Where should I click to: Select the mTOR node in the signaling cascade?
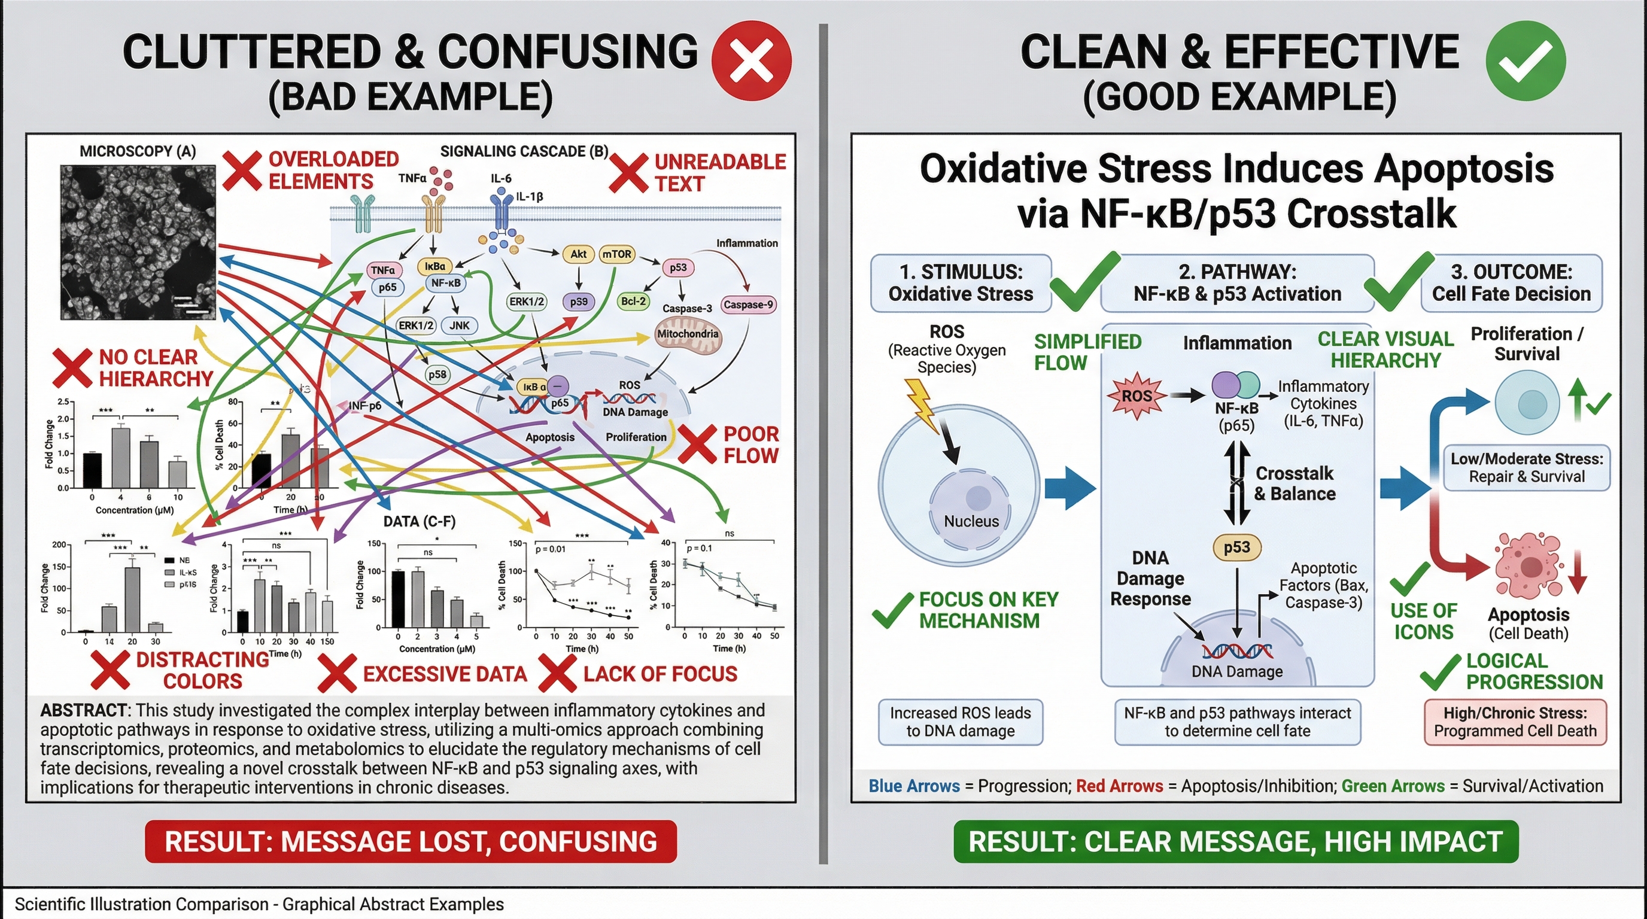(616, 254)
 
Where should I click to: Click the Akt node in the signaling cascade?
(578, 254)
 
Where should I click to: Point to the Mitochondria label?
(688, 334)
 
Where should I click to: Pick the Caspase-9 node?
(748, 305)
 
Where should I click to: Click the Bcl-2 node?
(633, 301)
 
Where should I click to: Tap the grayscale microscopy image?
(138, 242)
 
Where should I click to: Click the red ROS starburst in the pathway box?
(1136, 396)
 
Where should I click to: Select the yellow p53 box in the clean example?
(1236, 547)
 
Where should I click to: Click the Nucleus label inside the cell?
(971, 522)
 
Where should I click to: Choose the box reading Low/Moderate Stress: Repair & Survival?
(1527, 468)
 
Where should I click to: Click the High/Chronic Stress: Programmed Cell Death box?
(1515, 722)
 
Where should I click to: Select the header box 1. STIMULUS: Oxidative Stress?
(961, 283)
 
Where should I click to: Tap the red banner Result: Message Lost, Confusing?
(411, 842)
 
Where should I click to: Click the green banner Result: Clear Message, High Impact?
(1235, 842)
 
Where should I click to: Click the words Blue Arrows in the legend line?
(914, 786)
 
